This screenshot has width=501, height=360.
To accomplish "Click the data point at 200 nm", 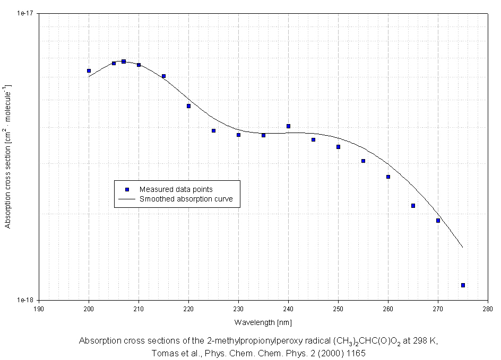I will pyautogui.click(x=89, y=71).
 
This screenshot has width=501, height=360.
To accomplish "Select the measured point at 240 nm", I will pyautogui.click(x=288, y=126).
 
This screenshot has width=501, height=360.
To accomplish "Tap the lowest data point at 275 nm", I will pyautogui.click(x=463, y=285).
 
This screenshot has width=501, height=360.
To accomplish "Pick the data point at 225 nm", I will pyautogui.click(x=213, y=130).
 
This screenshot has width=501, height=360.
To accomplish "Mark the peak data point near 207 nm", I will pyautogui.click(x=124, y=62).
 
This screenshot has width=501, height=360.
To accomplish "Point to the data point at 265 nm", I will pyautogui.click(x=413, y=206).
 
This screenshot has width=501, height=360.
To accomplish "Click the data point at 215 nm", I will pyautogui.click(x=163, y=76).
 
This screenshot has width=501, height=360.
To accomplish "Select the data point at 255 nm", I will pyautogui.click(x=363, y=161).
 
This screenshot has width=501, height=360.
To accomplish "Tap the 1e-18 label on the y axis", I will pyautogui.click(x=25, y=300).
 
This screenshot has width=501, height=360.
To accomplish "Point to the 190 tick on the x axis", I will pyautogui.click(x=39, y=308).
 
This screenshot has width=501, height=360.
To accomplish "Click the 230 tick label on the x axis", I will pyautogui.click(x=238, y=308).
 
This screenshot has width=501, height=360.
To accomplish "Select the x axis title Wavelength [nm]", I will pyautogui.click(x=263, y=322).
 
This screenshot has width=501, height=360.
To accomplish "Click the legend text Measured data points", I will pyautogui.click(x=176, y=189).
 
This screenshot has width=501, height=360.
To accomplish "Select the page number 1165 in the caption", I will pyautogui.click(x=356, y=352).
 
